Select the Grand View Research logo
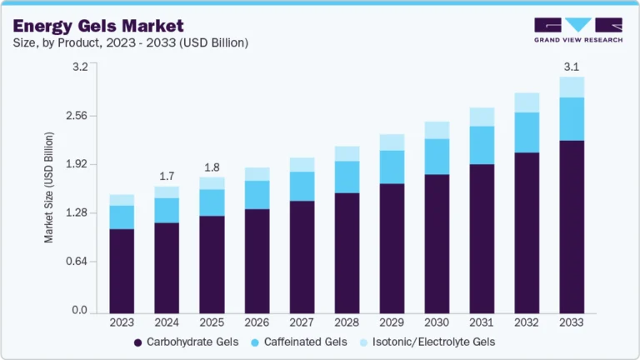click(x=577, y=30)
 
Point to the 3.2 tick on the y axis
click(x=79, y=67)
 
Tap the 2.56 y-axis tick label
click(x=77, y=116)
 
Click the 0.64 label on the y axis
click(x=77, y=262)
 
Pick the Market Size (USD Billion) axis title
click(x=49, y=187)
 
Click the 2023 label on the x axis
click(x=122, y=322)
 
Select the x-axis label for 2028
click(x=347, y=322)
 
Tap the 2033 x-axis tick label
click(x=572, y=322)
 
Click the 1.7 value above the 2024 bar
click(x=167, y=176)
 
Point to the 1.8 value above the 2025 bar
click(x=212, y=167)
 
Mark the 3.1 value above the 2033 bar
click(x=572, y=67)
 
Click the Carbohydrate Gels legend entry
click(x=186, y=342)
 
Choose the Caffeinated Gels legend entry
click(x=299, y=342)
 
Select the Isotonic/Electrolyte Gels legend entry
click(x=425, y=342)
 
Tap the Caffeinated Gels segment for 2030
click(x=437, y=157)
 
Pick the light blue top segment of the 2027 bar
click(x=302, y=164)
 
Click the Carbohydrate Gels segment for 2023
click(x=122, y=271)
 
